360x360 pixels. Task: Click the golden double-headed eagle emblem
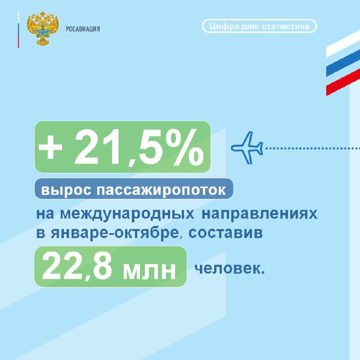[43, 28]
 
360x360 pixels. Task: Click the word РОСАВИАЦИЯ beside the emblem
[83, 29]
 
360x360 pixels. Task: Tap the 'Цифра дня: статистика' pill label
[260, 26]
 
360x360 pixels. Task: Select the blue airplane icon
[247, 148]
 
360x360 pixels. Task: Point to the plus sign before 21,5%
[50, 147]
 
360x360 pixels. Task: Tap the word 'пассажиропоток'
[161, 190]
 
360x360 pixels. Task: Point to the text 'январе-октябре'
[114, 233]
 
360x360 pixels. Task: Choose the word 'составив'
[226, 233]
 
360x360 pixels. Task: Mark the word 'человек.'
[229, 268]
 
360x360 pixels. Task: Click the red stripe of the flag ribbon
[343, 82]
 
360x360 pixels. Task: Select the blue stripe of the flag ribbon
[343, 63]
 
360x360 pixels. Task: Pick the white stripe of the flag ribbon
[343, 44]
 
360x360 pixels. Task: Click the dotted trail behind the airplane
[313, 148]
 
